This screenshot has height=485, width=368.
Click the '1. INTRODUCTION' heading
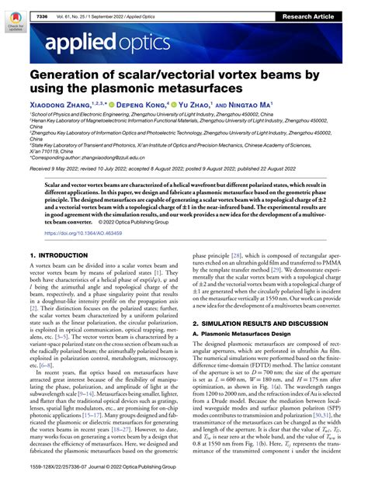(x=58, y=255)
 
